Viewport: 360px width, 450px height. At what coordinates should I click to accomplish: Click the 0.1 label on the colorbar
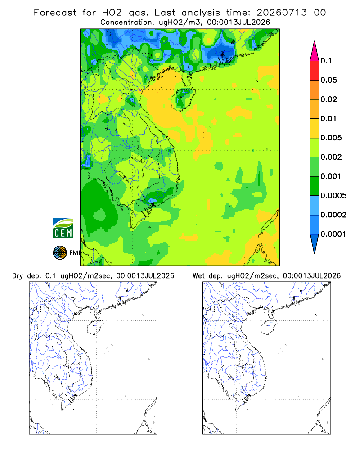tap(326, 61)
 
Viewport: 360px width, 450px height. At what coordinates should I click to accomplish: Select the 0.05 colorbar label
tap(328, 80)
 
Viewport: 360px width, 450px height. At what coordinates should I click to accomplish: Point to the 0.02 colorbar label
tap(328, 99)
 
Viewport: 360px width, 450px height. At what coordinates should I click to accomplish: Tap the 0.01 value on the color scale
tap(328, 118)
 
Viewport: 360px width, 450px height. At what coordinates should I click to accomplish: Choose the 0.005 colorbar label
tap(331, 138)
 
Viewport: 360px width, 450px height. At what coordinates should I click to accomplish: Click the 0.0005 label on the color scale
tap(333, 195)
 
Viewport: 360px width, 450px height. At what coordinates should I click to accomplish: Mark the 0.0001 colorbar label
tap(333, 234)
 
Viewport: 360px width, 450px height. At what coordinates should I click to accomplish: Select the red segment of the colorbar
tap(315, 71)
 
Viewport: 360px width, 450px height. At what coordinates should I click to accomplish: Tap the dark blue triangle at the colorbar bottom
tap(315, 242)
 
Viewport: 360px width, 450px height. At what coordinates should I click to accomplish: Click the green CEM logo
tap(63, 229)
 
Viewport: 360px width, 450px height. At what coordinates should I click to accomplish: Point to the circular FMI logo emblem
tap(60, 253)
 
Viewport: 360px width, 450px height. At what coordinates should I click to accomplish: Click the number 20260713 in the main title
tap(282, 13)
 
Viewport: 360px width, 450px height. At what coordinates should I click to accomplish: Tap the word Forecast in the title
tap(55, 13)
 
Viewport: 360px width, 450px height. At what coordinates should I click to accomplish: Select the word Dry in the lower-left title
tap(18, 276)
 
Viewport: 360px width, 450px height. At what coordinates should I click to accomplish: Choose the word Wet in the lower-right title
tap(198, 276)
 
